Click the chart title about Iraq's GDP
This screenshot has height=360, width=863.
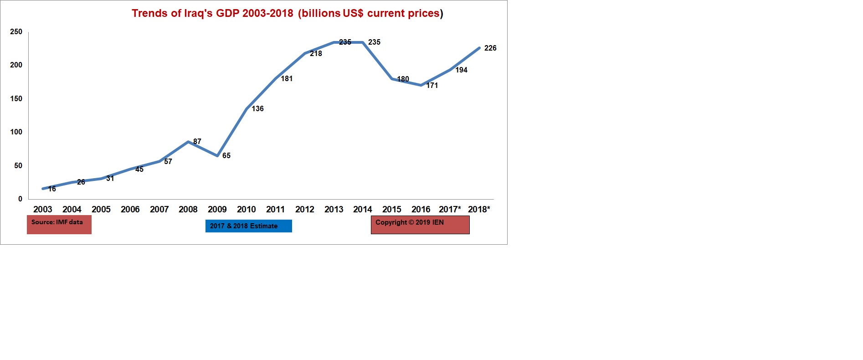click(x=287, y=13)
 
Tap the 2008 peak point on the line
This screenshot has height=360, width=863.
click(x=188, y=142)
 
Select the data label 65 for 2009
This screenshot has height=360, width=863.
click(x=226, y=156)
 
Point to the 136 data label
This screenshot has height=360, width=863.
click(x=257, y=108)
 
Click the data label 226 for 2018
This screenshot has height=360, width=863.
click(x=490, y=48)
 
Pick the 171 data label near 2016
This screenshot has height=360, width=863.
click(x=432, y=86)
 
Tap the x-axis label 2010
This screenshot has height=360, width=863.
click(x=246, y=209)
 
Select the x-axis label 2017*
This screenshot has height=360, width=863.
click(x=450, y=209)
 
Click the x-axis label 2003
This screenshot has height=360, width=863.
click(x=43, y=209)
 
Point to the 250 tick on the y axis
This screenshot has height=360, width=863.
click(x=16, y=32)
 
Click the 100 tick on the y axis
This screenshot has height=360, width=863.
click(x=16, y=132)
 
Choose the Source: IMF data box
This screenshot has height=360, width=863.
click(x=59, y=225)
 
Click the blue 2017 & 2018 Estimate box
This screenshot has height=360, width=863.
click(x=248, y=226)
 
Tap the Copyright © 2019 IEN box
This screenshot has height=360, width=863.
click(x=420, y=225)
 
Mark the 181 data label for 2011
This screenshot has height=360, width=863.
click(x=287, y=79)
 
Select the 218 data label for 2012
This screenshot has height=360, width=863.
click(x=316, y=54)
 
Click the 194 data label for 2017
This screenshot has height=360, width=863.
click(x=461, y=70)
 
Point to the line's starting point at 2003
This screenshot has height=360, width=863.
click(x=43, y=188)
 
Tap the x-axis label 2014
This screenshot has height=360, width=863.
click(x=363, y=209)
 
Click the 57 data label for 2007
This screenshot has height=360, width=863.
click(x=168, y=162)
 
